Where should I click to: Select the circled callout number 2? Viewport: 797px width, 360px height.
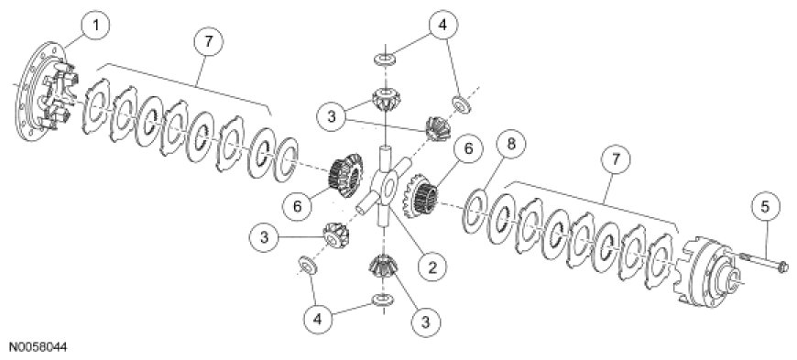coord(430,266)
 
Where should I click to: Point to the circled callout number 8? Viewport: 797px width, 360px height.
coord(511,145)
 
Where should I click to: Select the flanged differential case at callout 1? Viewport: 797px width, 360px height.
coord(49,92)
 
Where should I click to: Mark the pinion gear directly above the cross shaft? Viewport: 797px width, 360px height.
coord(386,99)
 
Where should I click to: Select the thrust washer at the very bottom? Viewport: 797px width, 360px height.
coord(383,300)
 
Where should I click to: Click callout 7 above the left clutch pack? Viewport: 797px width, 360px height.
coord(207,42)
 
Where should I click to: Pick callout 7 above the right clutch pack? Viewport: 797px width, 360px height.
coord(615,159)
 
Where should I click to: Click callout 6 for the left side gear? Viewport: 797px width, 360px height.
coord(298,205)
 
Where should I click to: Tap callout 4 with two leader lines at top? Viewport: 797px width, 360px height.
coord(442,24)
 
